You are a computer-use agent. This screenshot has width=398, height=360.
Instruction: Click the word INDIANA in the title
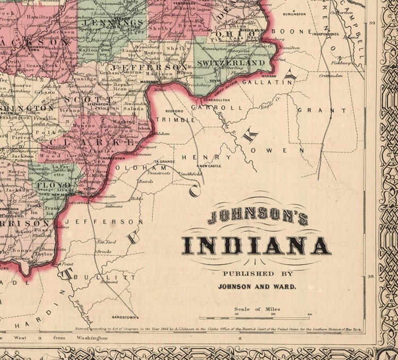[x=256, y=245]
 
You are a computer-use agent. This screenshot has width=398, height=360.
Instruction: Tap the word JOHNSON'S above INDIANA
[x=258, y=217]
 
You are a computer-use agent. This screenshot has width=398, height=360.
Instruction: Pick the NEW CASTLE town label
[x=210, y=166]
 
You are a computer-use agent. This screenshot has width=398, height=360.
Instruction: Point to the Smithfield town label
[x=191, y=174]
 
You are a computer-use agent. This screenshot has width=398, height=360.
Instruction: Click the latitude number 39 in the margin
[x=372, y=23]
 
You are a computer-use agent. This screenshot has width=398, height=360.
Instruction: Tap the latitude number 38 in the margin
[x=372, y=276]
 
